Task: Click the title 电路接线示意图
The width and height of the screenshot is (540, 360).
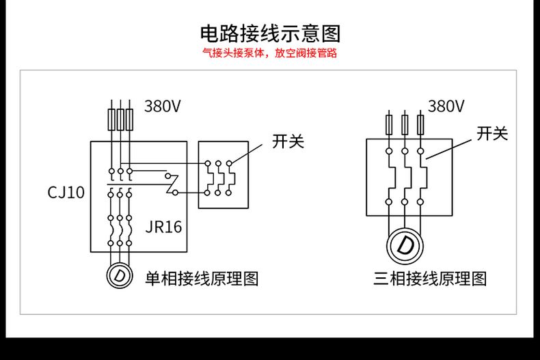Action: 270,33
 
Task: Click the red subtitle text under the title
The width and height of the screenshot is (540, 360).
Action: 270,53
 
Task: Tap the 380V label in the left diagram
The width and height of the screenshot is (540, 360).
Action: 162,106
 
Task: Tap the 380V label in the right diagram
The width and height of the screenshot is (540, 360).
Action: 446,106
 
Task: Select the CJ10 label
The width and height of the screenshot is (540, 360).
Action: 66,193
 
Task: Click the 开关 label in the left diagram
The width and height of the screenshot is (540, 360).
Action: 287,141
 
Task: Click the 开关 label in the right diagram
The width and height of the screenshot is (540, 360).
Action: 491,134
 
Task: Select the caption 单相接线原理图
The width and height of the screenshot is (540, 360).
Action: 203,278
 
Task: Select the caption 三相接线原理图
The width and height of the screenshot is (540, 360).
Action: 430,278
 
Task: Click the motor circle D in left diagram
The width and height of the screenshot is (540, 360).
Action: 120,275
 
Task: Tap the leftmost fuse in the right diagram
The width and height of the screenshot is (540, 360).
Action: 389,124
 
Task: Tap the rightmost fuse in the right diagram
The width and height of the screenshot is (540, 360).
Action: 421,124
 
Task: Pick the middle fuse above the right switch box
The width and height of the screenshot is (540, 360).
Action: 405,124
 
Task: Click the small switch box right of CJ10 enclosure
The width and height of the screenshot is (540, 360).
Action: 223,175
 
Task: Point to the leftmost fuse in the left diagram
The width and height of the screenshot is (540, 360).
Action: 113,120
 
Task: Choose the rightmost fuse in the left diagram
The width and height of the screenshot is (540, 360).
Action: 128,120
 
